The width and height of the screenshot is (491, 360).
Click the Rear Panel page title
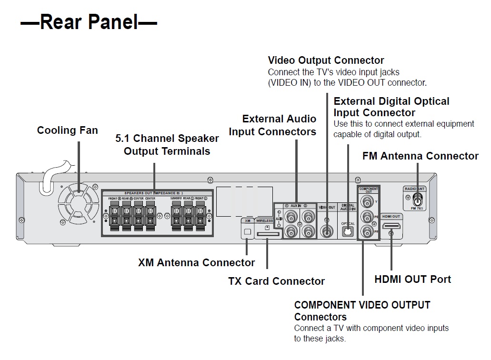pyautogui.click(x=89, y=22)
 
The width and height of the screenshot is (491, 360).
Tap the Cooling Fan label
pyautogui.click(x=68, y=130)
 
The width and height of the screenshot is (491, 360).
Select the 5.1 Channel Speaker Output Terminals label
pyautogui.click(x=167, y=145)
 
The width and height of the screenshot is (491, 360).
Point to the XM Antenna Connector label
pyautogui.click(x=196, y=262)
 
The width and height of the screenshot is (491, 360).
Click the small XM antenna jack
pyautogui.click(x=247, y=232)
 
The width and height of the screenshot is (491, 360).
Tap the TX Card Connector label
pyautogui.click(x=276, y=281)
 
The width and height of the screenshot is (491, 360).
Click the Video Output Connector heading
pyautogui.click(x=326, y=60)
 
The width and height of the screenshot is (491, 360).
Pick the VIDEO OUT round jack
pyautogui.click(x=327, y=231)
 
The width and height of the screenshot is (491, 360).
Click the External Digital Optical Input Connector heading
pyautogui.click(x=391, y=107)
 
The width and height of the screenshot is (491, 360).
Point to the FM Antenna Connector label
pyautogui.click(x=420, y=156)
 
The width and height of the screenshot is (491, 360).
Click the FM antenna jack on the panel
pyautogui.click(x=418, y=200)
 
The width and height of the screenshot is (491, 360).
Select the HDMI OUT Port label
pyautogui.click(x=412, y=279)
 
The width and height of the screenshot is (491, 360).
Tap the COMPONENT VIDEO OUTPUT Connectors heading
pyautogui.click(x=362, y=310)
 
